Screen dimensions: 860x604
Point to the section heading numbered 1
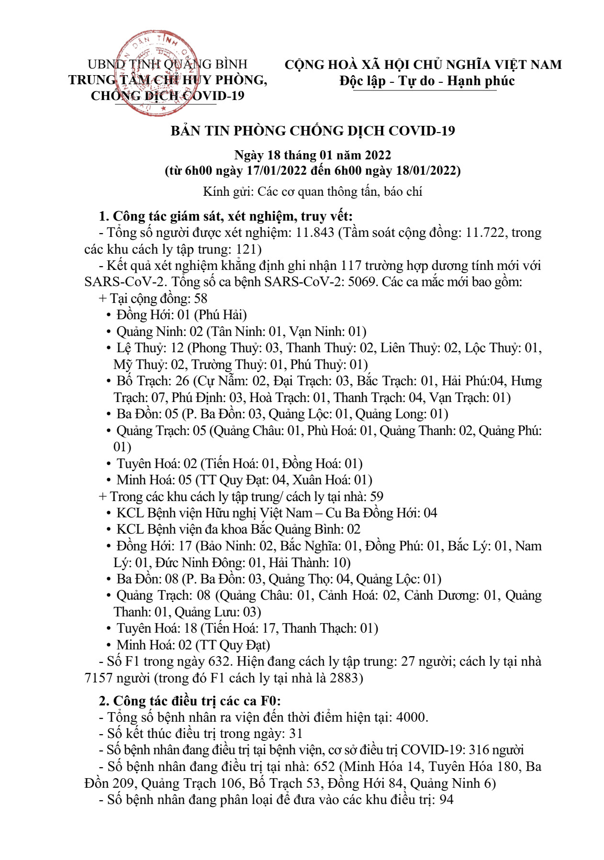click(x=225, y=216)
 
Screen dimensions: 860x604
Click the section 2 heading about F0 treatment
click(x=190, y=701)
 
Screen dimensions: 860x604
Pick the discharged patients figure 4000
click(x=412, y=717)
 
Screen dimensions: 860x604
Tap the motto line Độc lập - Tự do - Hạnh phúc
click(x=427, y=81)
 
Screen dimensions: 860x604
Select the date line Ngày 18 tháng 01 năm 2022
click(x=313, y=155)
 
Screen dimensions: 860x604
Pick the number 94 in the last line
click(x=446, y=799)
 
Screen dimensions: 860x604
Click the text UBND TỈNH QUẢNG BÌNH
click(x=168, y=64)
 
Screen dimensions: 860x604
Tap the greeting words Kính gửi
click(x=226, y=192)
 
